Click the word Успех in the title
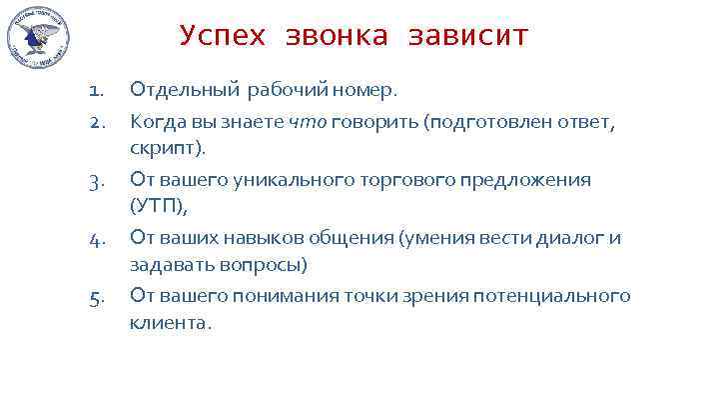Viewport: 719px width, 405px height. coord(224,37)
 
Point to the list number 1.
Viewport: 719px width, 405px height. coord(95,92)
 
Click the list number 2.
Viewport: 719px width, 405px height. coord(95,123)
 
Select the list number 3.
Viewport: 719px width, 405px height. coord(95,181)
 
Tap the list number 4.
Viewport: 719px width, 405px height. coord(95,239)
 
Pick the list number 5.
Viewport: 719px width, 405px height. coord(95,297)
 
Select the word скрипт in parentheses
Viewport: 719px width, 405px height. coord(166,148)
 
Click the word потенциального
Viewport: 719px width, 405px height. coord(565,297)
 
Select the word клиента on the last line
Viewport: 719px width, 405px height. coord(169,322)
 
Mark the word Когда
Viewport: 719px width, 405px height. coord(155,123)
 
